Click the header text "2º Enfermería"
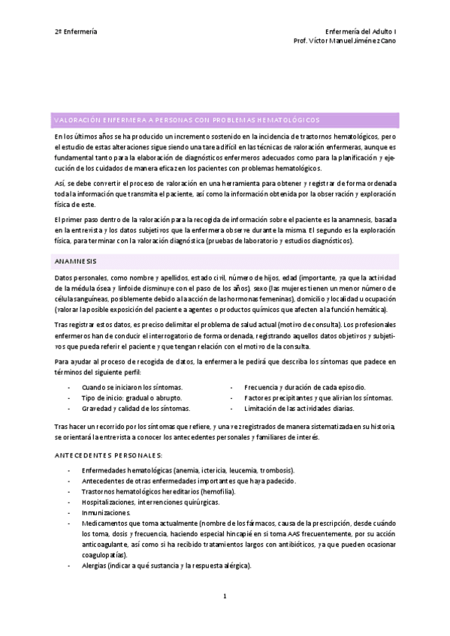[76, 31]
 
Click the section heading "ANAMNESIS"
[74, 261]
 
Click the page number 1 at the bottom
[225, 596]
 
